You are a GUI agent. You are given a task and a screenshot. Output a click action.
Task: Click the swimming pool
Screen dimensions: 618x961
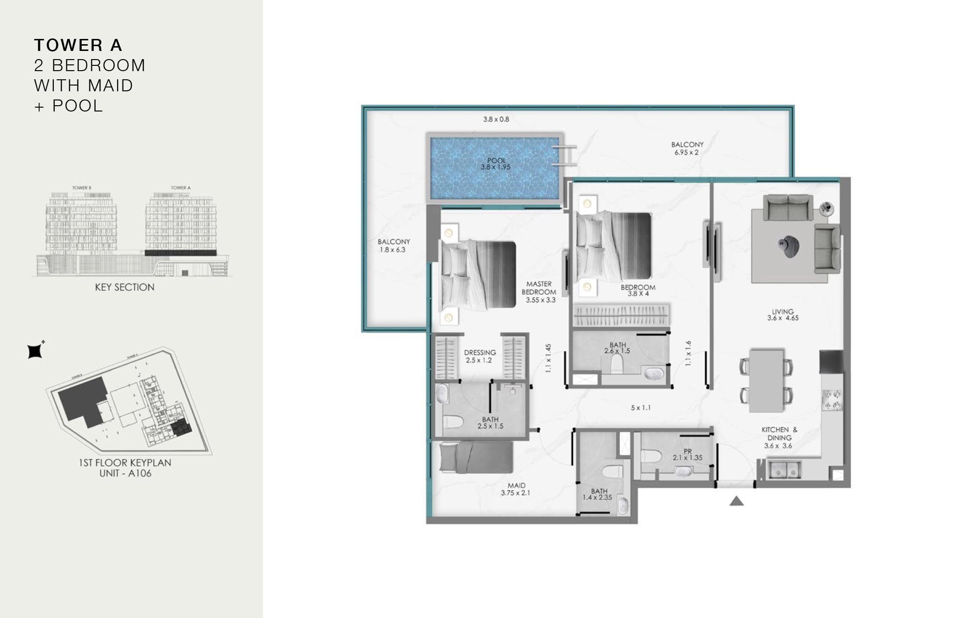pyautogui.click(x=495, y=168)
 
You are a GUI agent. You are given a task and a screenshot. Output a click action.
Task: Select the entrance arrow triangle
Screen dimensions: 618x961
pyautogui.click(x=737, y=502)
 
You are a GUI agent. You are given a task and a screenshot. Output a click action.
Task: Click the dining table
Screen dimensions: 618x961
pyautogui.click(x=767, y=380)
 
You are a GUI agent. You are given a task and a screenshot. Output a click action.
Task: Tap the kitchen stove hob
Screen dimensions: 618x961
pyautogui.click(x=832, y=400)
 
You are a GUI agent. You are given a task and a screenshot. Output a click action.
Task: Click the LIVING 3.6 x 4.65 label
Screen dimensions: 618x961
pyautogui.click(x=783, y=315)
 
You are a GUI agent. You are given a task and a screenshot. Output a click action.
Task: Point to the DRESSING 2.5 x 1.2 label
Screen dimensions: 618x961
pyautogui.click(x=480, y=356)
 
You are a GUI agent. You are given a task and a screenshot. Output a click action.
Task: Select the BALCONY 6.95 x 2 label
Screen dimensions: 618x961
pyautogui.click(x=687, y=148)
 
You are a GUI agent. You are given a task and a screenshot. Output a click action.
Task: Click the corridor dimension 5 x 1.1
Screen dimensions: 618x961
pyautogui.click(x=641, y=408)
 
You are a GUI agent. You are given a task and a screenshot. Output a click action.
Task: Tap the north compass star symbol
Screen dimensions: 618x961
pyautogui.click(x=35, y=351)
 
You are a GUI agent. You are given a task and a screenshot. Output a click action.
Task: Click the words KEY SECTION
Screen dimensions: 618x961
pyautogui.click(x=124, y=287)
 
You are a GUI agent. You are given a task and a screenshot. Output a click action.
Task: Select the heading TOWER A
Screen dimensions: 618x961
pyautogui.click(x=78, y=45)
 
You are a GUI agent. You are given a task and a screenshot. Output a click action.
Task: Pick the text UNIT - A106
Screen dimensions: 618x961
pyautogui.click(x=125, y=473)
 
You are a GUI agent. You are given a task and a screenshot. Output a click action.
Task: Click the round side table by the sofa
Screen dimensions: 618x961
pyautogui.click(x=826, y=208)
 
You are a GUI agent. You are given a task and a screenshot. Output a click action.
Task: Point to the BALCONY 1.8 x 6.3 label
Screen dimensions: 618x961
pyautogui.click(x=394, y=246)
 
